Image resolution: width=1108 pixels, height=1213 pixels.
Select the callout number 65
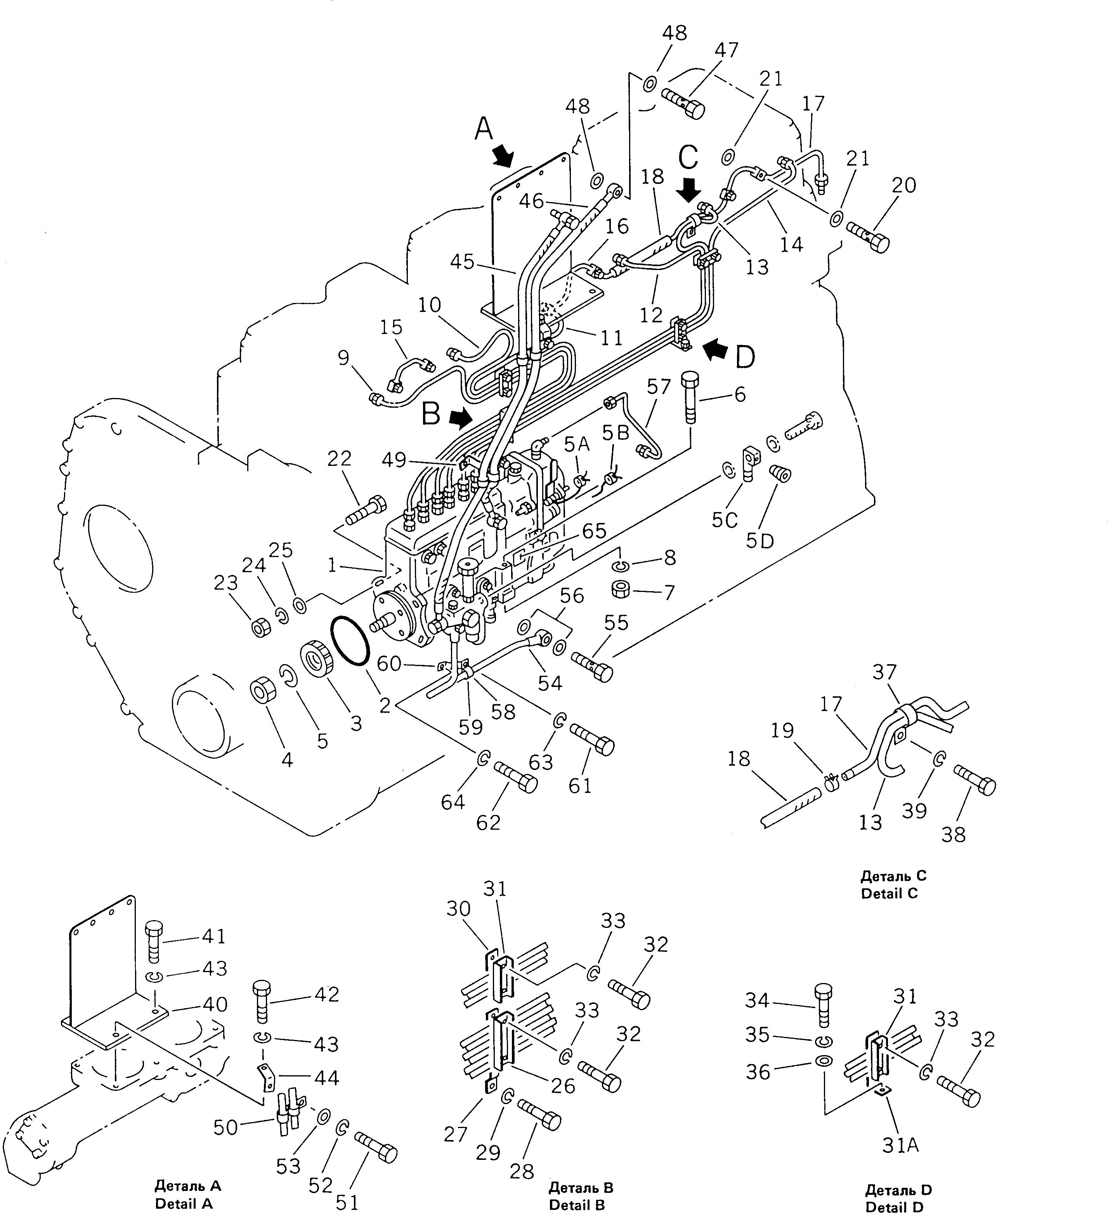pyautogui.click(x=594, y=531)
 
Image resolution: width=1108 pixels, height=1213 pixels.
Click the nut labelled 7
pyautogui.click(x=621, y=589)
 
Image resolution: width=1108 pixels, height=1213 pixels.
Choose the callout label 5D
pyautogui.click(x=759, y=540)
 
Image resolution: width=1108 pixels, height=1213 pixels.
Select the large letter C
pyautogui.click(x=688, y=157)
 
